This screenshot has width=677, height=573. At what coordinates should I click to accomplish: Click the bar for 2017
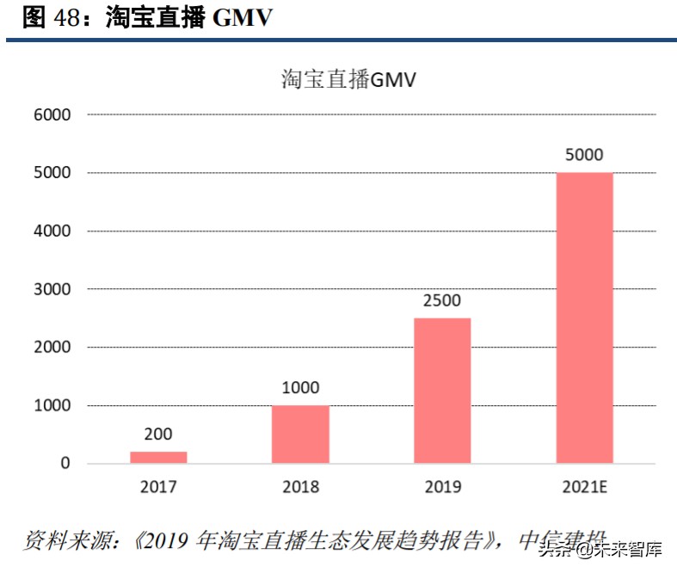158,457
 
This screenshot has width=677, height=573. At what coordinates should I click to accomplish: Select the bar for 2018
300,434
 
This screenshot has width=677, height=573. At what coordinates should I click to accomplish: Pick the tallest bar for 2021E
584,317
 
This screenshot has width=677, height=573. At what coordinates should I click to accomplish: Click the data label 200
158,434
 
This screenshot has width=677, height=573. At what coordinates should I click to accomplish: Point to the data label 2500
442,301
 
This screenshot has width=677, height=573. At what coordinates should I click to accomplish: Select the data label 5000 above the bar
584,156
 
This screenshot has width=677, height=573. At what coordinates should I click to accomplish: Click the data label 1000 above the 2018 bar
300,388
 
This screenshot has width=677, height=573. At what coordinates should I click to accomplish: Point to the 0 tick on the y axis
65,464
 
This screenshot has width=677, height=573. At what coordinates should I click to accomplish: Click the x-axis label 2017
158,487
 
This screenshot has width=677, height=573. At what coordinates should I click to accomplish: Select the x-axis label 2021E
584,487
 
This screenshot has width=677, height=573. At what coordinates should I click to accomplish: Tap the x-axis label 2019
442,487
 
